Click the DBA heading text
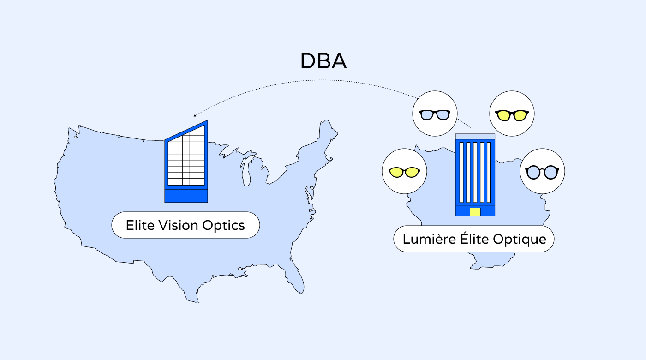[x=323, y=61]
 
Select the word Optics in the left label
[x=223, y=225]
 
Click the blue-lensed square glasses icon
[x=434, y=114]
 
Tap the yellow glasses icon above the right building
[x=511, y=114]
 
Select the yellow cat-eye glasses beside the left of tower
[x=404, y=172]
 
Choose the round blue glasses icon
[x=542, y=172]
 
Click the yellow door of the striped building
[x=475, y=212]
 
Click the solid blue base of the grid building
[x=186, y=196]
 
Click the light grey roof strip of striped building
[x=475, y=137]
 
